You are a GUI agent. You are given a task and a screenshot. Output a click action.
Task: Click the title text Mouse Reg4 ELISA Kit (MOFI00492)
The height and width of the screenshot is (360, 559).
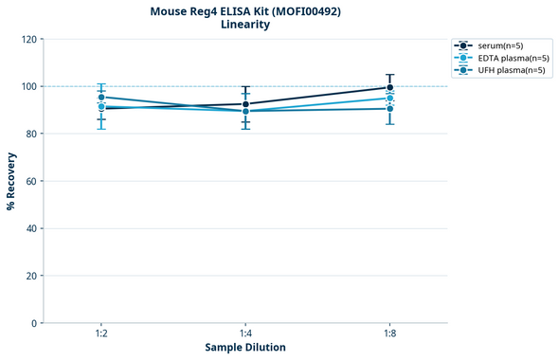point(244,11)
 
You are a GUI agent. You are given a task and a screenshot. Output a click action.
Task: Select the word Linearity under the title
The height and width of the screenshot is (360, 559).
point(244,26)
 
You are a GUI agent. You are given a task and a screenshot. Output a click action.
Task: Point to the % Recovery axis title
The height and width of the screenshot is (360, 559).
point(11,181)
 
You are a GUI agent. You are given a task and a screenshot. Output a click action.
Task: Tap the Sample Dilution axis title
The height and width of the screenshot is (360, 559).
point(245,348)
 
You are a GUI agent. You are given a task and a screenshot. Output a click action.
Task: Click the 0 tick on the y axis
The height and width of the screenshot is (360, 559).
point(34,323)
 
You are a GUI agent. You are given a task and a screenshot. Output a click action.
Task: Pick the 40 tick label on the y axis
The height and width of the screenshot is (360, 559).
point(31,228)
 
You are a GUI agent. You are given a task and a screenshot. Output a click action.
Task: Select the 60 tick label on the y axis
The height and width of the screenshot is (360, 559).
point(31,181)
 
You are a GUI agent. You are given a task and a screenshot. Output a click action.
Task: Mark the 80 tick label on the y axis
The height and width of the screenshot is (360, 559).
point(31,134)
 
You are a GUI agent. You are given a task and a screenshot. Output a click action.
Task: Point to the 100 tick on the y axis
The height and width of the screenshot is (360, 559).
point(28,86)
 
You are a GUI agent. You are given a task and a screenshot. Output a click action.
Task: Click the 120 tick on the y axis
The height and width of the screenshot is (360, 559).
point(28,40)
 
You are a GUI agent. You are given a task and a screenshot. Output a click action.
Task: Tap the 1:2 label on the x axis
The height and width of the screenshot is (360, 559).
point(101,333)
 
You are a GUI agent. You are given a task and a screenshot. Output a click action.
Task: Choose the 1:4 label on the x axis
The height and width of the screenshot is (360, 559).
point(245,333)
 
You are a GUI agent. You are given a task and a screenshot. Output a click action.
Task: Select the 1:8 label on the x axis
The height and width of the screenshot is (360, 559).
point(389,333)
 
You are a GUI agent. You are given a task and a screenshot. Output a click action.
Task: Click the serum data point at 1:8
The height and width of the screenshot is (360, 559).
point(389,87)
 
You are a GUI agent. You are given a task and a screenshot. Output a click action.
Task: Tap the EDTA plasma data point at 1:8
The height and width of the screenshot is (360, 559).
point(389,98)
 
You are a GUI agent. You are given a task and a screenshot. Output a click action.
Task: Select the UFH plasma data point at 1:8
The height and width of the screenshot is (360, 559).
point(389,109)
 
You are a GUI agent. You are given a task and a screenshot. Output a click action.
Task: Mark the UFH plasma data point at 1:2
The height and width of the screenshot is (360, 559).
point(101,97)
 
